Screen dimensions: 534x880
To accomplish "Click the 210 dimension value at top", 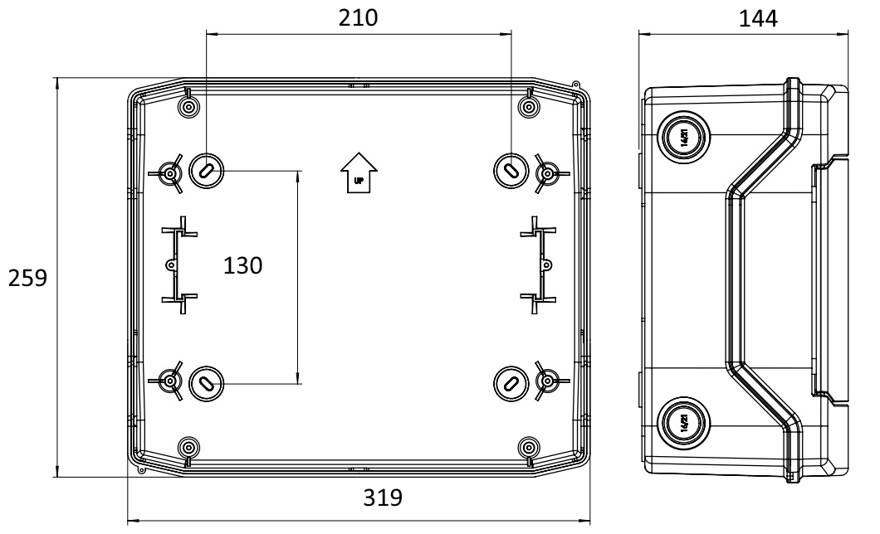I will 359,18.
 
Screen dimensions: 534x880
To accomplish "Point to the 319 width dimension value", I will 383,499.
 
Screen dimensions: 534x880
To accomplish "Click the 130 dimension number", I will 242,266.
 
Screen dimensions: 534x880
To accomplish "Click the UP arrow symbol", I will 359,172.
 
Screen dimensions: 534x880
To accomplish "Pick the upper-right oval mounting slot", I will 510,169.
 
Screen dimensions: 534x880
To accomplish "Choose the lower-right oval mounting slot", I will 510,382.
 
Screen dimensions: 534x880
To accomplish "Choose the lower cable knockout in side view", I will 682,423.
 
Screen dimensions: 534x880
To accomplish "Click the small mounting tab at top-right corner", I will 575,84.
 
